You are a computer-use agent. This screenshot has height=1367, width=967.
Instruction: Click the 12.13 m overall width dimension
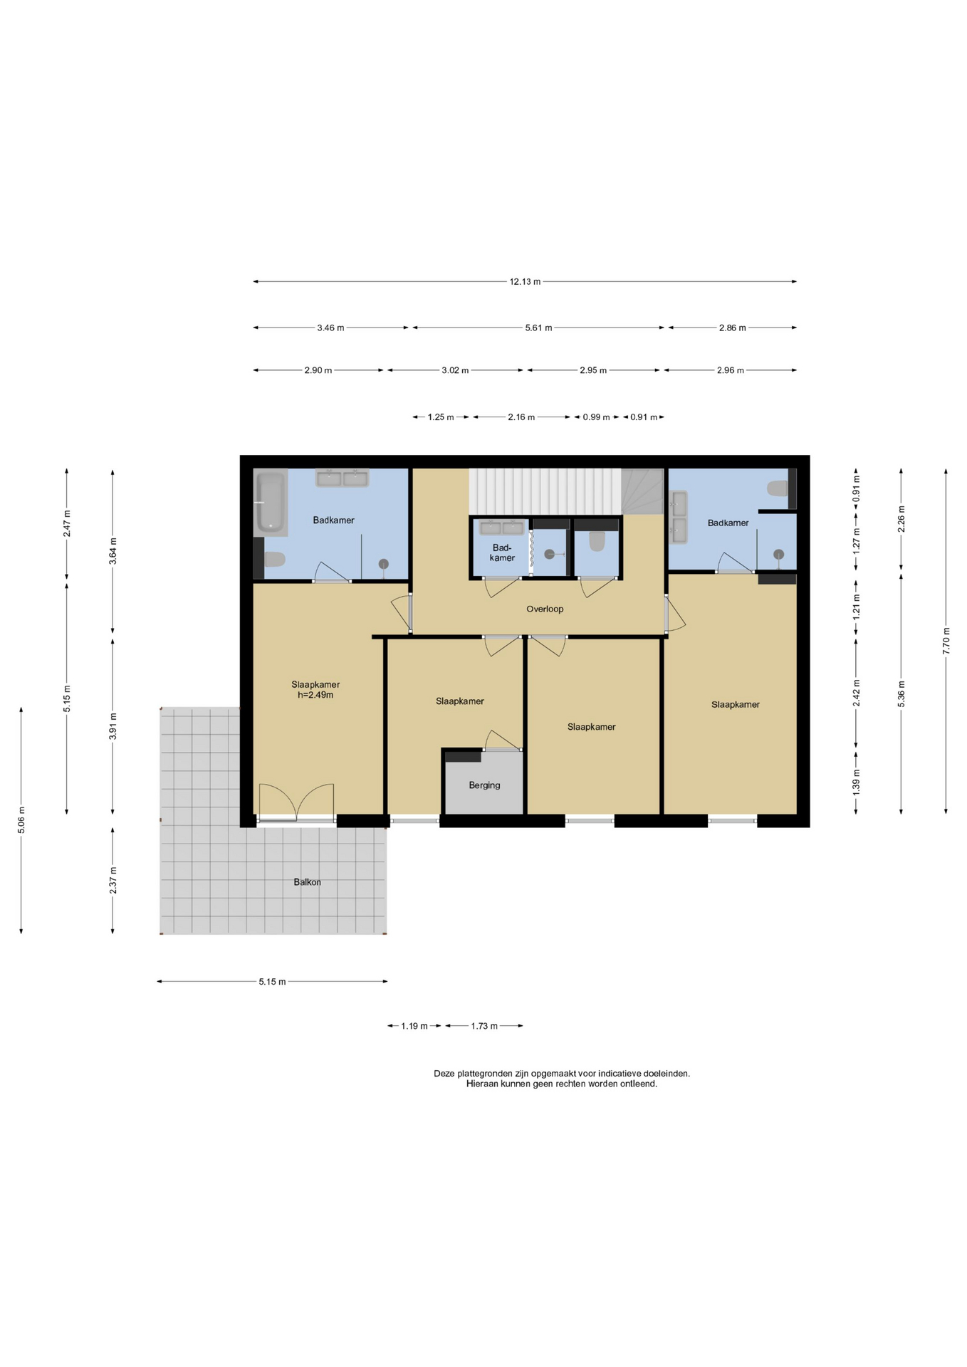point(525,281)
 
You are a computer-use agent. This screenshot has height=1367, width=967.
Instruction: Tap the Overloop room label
point(545,609)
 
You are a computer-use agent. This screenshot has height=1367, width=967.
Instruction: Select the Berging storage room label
point(484,785)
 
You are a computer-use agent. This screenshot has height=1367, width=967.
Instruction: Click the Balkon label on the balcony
point(307,882)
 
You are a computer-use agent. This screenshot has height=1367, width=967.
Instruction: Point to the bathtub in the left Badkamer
point(271,503)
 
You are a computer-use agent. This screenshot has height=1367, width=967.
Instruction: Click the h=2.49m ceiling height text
point(315,695)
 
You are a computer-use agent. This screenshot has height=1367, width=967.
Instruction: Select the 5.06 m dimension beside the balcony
point(21,819)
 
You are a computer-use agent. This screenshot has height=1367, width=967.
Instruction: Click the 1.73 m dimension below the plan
point(484,1026)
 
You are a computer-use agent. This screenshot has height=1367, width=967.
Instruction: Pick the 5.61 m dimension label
point(538,328)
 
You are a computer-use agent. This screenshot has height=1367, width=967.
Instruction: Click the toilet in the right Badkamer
point(777,489)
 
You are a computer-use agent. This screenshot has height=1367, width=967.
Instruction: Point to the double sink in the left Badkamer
point(342,478)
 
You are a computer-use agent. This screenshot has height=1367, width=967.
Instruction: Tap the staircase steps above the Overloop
point(545,491)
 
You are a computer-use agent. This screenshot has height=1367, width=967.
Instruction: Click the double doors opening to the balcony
point(296,803)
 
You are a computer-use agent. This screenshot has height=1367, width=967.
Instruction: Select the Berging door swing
point(502,740)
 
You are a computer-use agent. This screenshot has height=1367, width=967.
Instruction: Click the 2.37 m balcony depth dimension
point(113,880)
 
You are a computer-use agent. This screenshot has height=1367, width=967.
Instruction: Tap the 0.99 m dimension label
point(596,417)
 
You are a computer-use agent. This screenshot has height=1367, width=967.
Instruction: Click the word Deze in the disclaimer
point(444,1074)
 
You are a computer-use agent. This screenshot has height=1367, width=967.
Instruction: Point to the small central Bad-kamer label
point(502,552)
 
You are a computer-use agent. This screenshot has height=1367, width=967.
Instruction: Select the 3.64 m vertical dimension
point(113,551)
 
